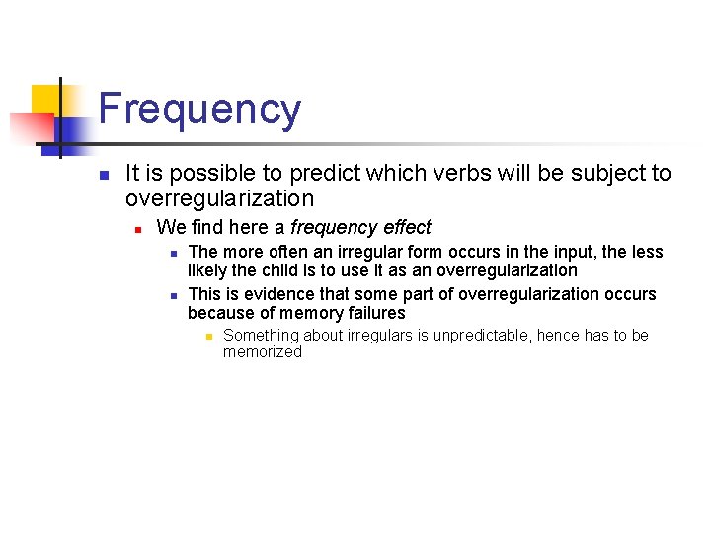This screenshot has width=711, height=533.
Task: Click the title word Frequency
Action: pos(199,110)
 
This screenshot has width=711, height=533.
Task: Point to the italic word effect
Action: pos(408,227)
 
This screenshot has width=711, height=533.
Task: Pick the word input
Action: pos(561,252)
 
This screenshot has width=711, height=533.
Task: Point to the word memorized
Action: pos(263,352)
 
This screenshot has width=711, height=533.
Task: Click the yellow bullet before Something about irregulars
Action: pos(208,337)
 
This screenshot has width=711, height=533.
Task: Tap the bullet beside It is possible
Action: pos(103,175)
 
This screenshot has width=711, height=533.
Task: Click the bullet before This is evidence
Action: pos(172,295)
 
